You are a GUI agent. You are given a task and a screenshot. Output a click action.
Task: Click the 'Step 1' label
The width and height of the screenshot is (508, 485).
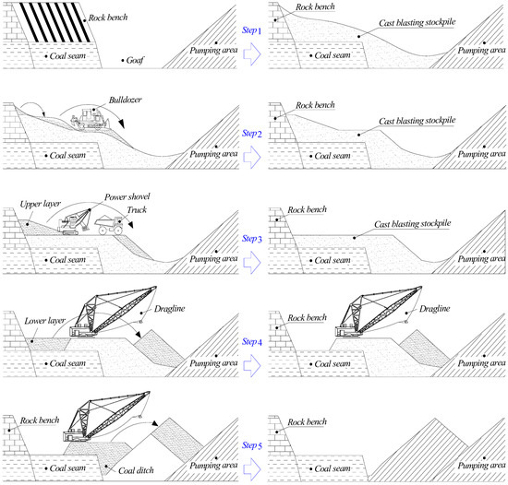point(251,30)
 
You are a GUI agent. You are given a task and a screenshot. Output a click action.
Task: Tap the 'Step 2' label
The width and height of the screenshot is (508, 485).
point(252,133)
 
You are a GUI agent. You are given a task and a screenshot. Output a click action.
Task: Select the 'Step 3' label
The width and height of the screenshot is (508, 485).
point(252,239)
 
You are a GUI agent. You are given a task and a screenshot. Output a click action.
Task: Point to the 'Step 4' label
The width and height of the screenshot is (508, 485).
point(252,342)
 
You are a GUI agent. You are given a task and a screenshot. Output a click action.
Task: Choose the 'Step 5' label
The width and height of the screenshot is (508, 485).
point(252,445)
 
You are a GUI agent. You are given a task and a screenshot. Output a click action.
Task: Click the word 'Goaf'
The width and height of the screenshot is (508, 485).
point(135,61)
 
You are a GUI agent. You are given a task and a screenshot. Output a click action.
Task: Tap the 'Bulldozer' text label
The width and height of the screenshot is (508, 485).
point(125,100)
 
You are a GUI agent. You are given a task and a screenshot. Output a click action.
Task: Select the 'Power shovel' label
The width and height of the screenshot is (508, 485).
point(127,197)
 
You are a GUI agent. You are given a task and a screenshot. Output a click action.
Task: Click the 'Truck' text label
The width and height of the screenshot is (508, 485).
point(137,210)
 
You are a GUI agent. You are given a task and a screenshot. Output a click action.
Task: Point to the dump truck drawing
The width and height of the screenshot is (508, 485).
point(109,224)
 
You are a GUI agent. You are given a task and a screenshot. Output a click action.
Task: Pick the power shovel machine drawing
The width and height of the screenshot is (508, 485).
point(74,222)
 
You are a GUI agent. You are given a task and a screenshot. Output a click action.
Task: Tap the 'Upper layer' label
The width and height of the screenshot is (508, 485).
point(40,204)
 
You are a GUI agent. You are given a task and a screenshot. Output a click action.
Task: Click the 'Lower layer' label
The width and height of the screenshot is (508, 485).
point(44,321)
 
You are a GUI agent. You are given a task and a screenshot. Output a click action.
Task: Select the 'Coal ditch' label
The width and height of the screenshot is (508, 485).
point(136,471)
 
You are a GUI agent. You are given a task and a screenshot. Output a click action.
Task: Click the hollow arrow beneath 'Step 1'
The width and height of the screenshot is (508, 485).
point(252,53)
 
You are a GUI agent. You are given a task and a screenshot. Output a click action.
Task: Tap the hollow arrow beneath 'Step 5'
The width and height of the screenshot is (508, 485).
point(252,468)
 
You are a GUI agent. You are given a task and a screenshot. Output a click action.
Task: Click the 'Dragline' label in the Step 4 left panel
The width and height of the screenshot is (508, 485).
point(169,309)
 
